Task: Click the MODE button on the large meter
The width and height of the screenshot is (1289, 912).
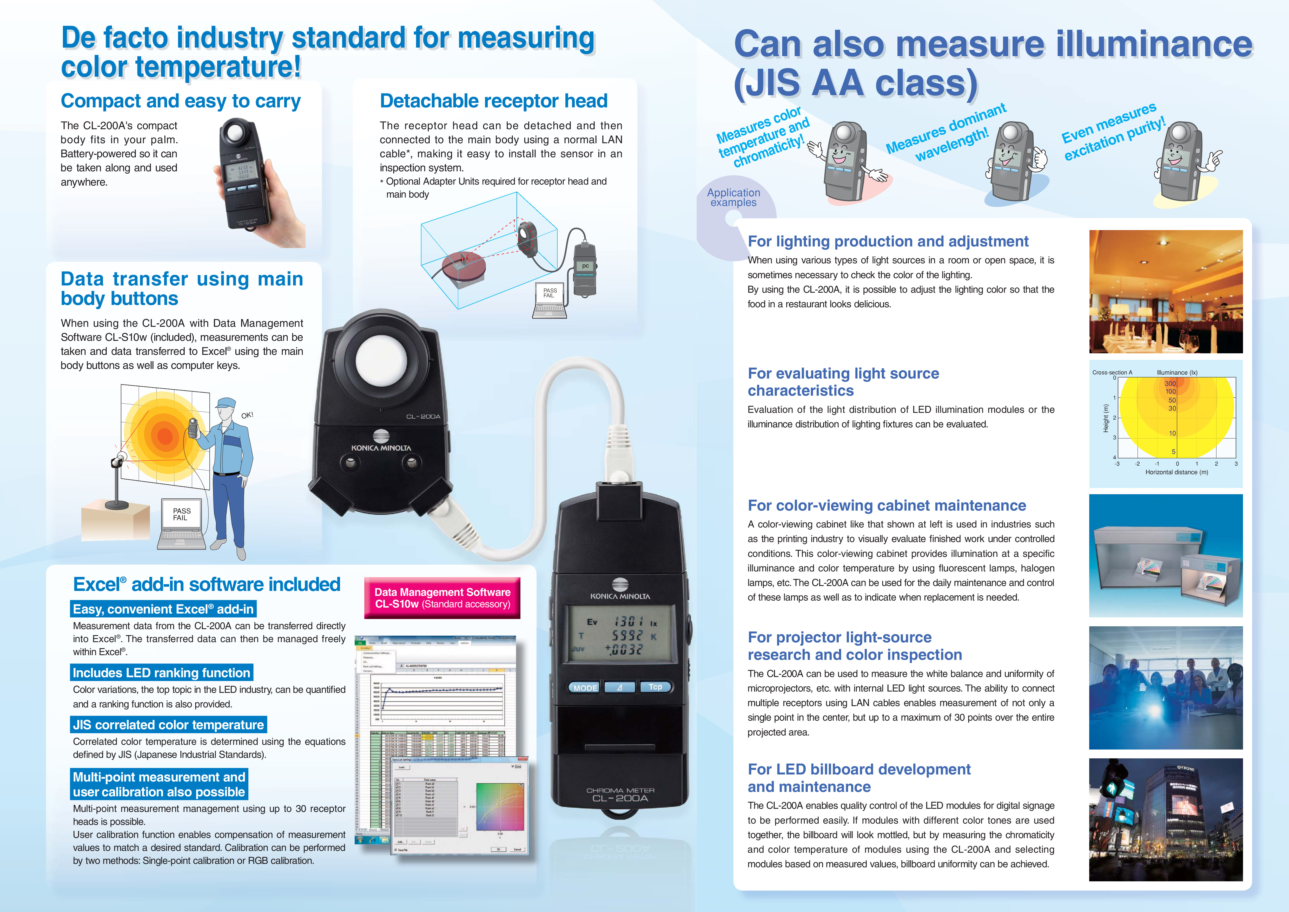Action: (x=585, y=687)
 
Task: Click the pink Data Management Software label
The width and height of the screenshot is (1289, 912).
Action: (x=442, y=598)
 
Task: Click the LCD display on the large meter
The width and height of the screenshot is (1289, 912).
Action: (x=620, y=636)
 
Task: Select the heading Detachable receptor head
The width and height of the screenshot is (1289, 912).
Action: (x=493, y=101)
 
